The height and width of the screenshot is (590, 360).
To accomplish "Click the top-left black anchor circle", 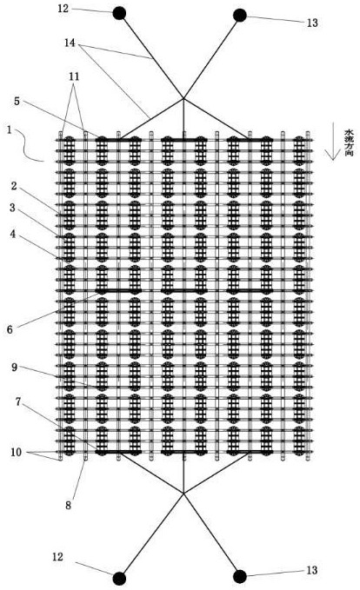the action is (119, 14).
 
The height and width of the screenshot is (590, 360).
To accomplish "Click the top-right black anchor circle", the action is (240, 16).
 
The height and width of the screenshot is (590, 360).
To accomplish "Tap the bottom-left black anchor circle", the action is (119, 578).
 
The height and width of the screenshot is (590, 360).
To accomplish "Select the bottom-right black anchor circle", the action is (240, 576).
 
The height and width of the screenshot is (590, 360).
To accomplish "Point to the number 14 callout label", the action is (70, 43).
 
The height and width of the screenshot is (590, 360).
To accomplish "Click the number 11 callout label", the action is (74, 76).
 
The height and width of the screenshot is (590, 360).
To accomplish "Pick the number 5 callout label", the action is (17, 101).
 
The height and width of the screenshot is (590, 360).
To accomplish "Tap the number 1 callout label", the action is (10, 130).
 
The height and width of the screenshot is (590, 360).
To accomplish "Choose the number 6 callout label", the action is (10, 329).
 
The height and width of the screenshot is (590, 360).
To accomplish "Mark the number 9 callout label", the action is (14, 367).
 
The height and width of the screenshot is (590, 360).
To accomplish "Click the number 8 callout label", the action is (68, 505).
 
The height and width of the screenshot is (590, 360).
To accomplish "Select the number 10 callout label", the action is (17, 452).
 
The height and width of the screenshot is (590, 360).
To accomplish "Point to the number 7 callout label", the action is (17, 401).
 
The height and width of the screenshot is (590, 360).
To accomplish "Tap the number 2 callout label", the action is (14, 185).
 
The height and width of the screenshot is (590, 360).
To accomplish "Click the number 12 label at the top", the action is (63, 9).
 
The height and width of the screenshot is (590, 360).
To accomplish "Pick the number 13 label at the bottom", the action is (312, 570).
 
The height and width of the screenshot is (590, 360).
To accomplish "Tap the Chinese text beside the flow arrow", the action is (349, 143).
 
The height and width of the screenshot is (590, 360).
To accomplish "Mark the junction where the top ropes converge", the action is (183, 98).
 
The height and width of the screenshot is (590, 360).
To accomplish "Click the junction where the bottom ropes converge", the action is (183, 494).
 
